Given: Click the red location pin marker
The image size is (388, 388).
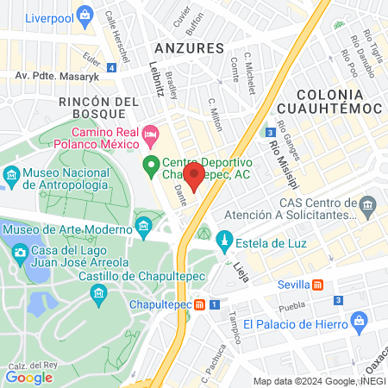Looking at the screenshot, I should (195, 178).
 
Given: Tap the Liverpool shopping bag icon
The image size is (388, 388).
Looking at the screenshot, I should (84, 14).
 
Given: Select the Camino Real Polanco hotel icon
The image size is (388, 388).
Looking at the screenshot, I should (151, 133).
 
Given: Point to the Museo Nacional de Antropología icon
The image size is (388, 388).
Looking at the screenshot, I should (11, 178).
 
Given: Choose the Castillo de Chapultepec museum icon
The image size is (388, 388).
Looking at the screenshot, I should (98, 294).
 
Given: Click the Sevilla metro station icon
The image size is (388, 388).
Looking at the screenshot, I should (318, 285).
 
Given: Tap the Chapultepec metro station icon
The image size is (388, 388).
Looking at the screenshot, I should (200, 304).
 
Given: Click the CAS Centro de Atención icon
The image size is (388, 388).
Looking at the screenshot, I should (368, 205).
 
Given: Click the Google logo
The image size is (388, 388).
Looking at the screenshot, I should (29, 376).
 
